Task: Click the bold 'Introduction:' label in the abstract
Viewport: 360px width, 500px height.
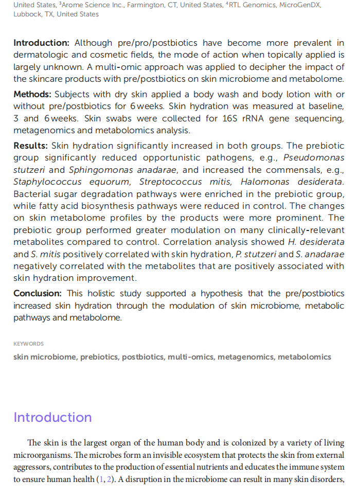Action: [41, 43]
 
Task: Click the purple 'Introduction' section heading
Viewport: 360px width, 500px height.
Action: [52, 417]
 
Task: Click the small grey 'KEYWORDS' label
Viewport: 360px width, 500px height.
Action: [29, 344]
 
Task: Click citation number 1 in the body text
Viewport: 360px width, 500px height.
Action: [99, 479]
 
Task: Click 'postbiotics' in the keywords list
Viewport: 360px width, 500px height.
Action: [142, 357]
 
